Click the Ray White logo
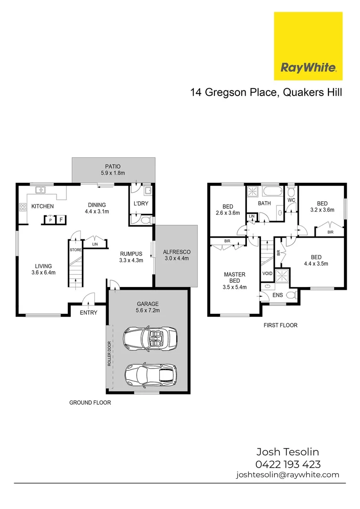[x=308, y=46]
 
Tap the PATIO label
[x=113, y=166]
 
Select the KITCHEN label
[x=42, y=206]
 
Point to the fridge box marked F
[x=61, y=220]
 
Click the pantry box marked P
[x=50, y=220]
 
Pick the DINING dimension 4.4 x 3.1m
[x=97, y=212]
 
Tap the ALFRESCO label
[x=176, y=252]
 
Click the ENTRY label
[x=89, y=312]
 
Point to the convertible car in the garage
[x=150, y=337]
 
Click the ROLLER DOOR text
[x=109, y=353]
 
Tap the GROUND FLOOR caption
[x=90, y=402]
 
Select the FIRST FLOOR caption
[x=281, y=325]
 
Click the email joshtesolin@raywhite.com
[x=287, y=475]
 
